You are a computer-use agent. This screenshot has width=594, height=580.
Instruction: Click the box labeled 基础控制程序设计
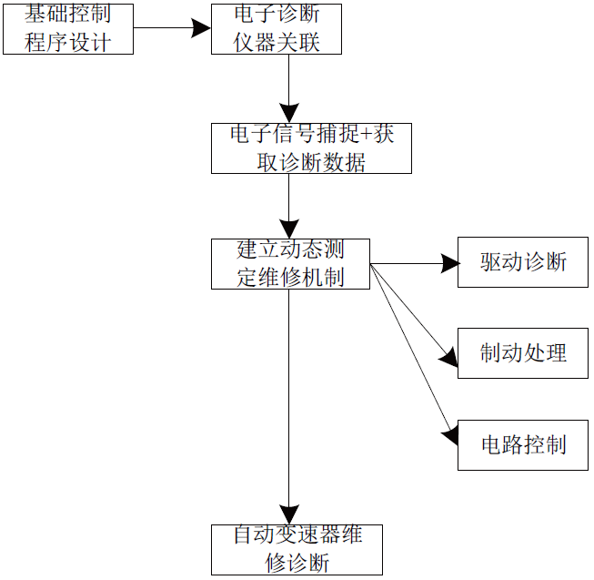tap(68, 29)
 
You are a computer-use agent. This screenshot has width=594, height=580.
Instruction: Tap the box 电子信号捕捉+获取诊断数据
tap(311, 148)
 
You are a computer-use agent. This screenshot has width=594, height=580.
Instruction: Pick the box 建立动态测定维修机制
tap(290, 264)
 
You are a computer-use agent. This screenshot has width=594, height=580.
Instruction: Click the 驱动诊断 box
tap(522, 263)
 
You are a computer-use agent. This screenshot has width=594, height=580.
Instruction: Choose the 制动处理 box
tap(522, 353)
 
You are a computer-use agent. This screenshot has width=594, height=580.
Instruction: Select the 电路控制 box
tap(522, 444)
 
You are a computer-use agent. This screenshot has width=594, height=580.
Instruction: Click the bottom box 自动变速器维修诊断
tap(297, 549)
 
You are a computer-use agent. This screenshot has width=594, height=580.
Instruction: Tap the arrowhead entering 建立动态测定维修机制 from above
tap(289, 229)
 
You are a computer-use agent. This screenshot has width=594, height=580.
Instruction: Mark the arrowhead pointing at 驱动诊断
tap(449, 264)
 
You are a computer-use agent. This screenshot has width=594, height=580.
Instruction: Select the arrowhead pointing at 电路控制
tap(449, 435)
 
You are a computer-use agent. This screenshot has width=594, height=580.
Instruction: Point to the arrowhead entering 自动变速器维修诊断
tap(289, 515)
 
